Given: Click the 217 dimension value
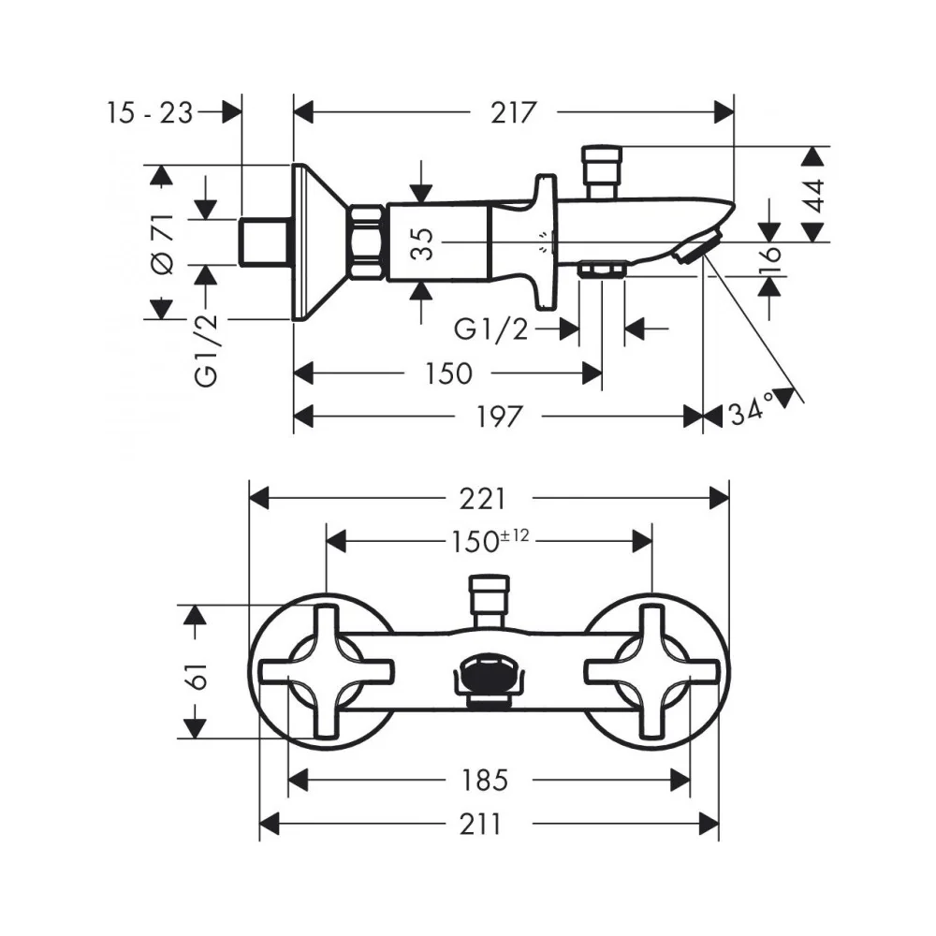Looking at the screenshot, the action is pyautogui.click(x=513, y=112).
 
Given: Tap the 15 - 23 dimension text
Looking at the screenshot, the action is pyautogui.click(x=150, y=112).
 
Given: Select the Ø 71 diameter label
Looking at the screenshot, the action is pyautogui.click(x=164, y=243).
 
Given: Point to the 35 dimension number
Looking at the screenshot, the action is pyautogui.click(x=423, y=243).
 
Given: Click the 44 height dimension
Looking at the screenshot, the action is pyautogui.click(x=814, y=196).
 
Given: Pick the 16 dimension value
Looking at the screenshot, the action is pyautogui.click(x=770, y=258).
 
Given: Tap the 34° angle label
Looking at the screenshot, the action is pyautogui.click(x=752, y=410).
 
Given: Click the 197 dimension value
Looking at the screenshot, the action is pyautogui.click(x=499, y=417).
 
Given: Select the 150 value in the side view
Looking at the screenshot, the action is pyautogui.click(x=447, y=373).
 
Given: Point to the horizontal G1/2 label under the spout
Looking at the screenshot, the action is pyautogui.click(x=491, y=329).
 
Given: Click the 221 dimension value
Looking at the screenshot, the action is pyautogui.click(x=482, y=499).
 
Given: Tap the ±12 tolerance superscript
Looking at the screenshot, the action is pyautogui.click(x=514, y=535).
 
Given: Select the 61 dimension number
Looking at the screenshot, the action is pyautogui.click(x=197, y=676).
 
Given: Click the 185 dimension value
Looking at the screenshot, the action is pyautogui.click(x=484, y=781).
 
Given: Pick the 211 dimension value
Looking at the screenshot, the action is pyautogui.click(x=480, y=825).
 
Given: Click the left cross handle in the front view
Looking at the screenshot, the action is pyautogui.click(x=327, y=671).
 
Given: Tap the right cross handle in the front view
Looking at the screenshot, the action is pyautogui.click(x=651, y=671).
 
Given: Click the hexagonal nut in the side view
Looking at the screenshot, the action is pyautogui.click(x=367, y=241).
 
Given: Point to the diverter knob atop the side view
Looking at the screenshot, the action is pyautogui.click(x=602, y=170).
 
